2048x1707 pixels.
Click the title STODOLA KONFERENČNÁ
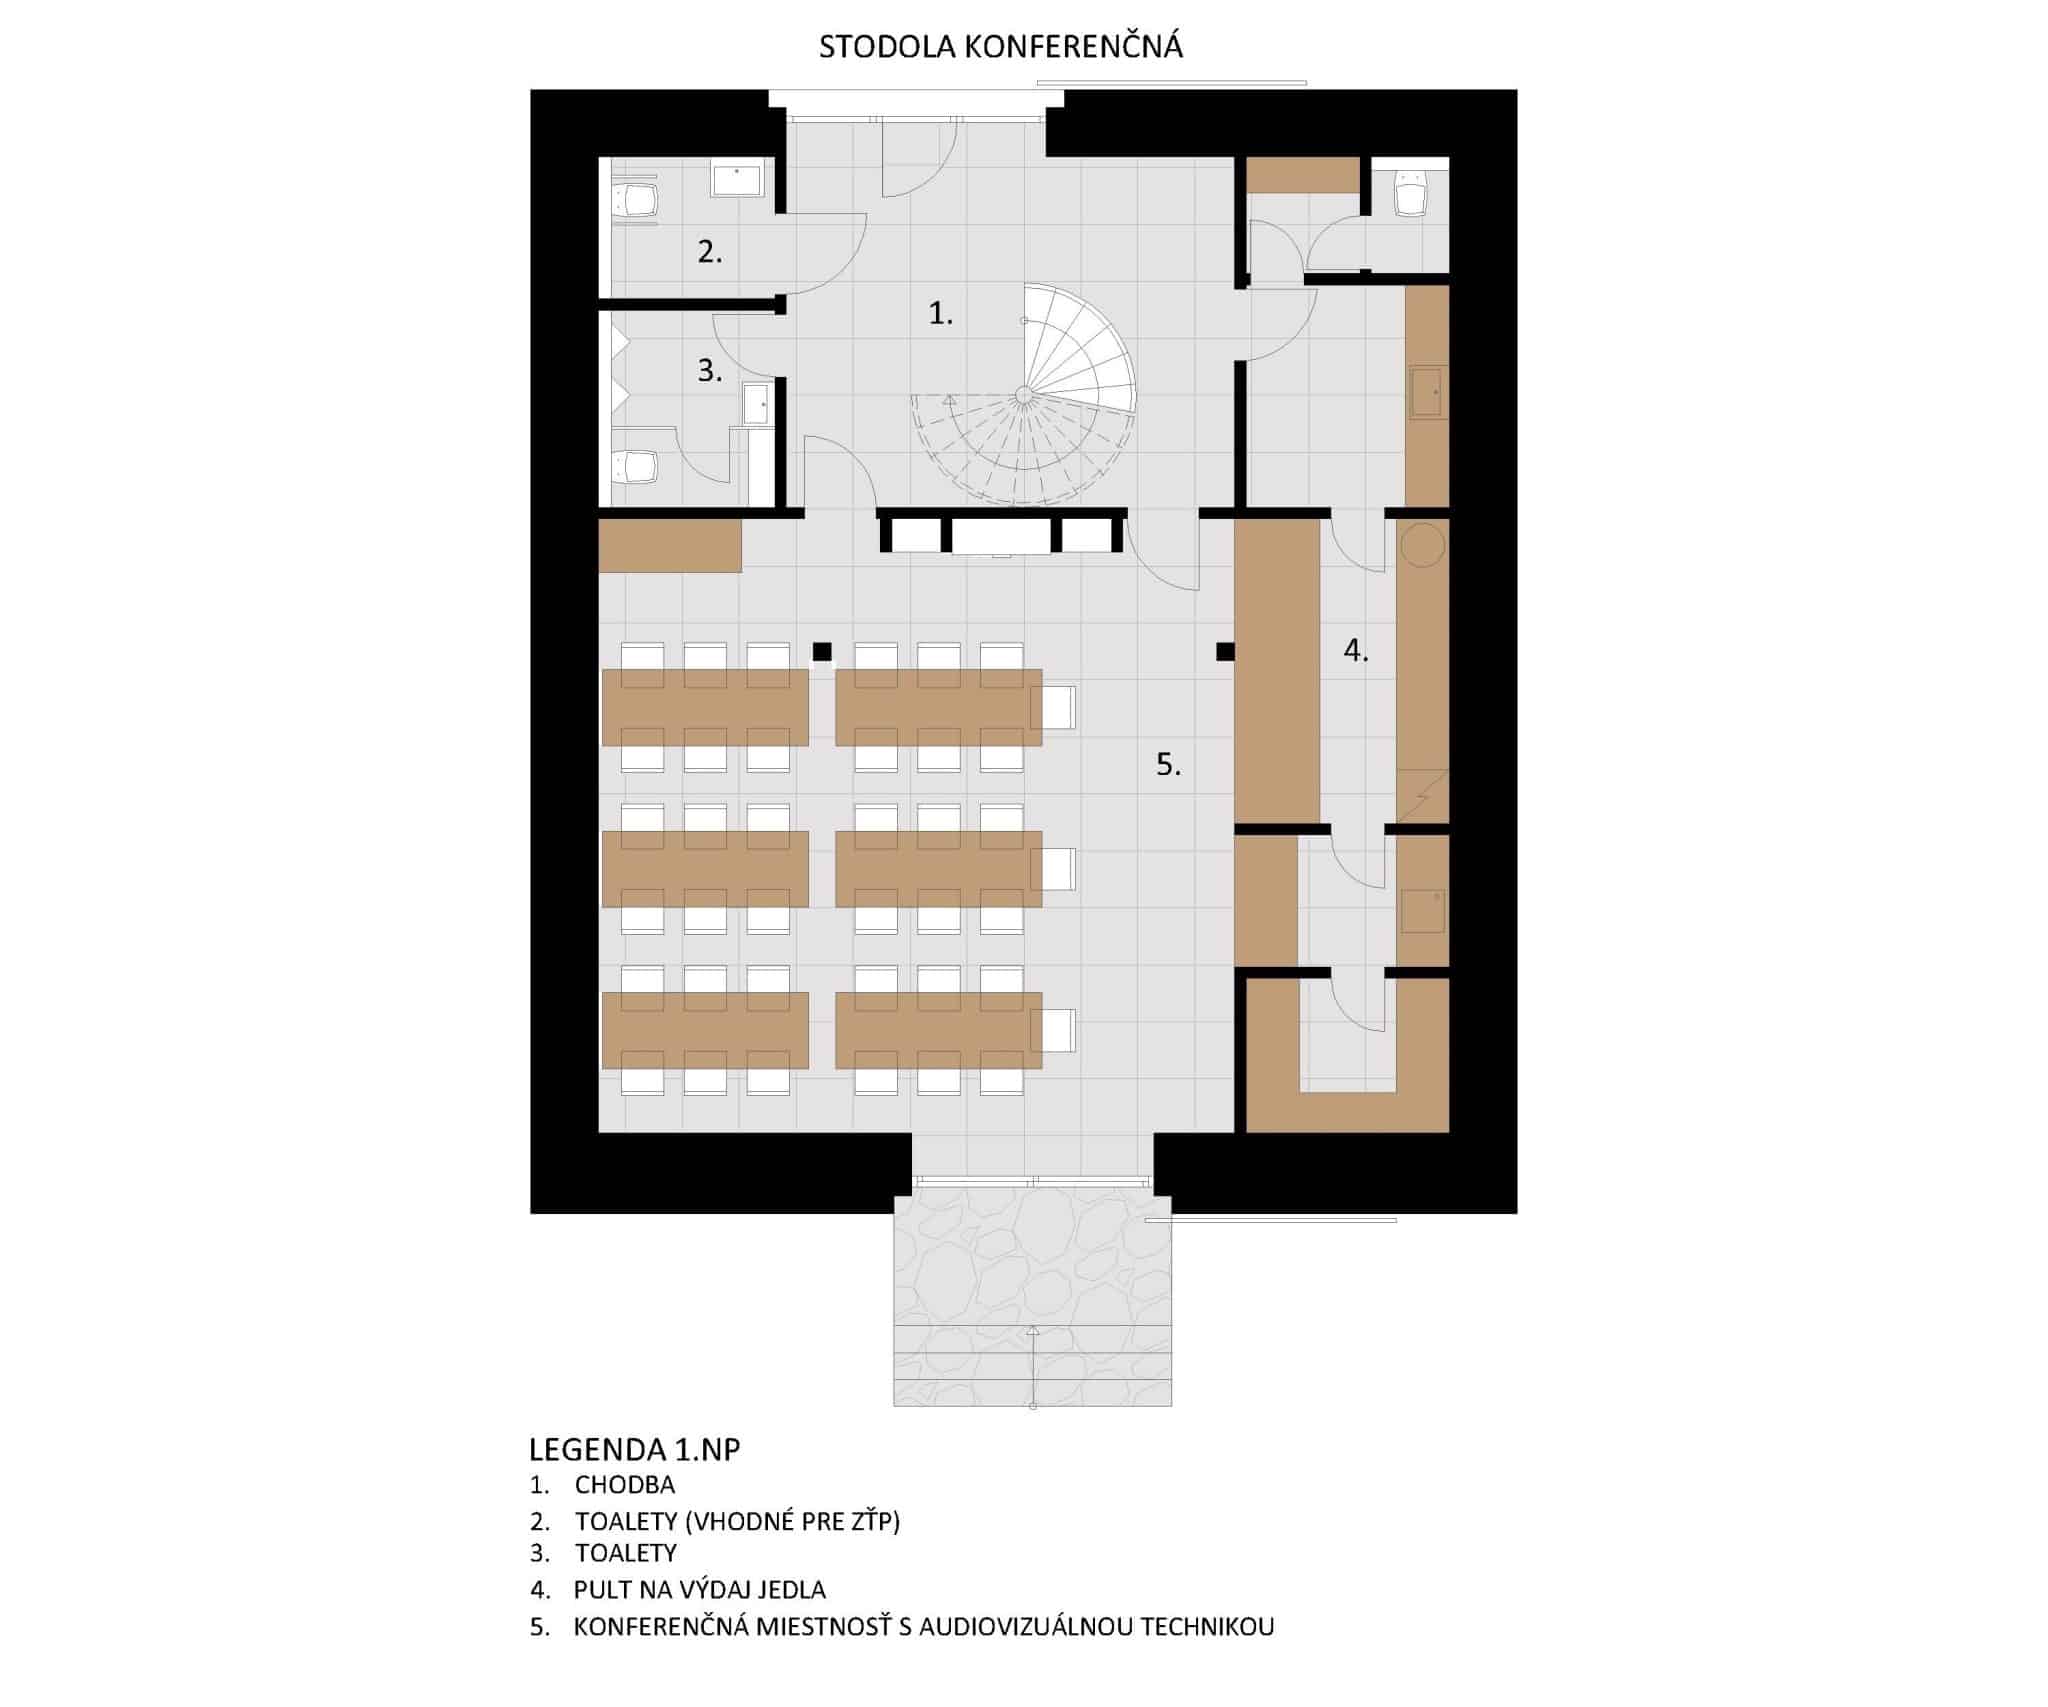click(x=1001, y=47)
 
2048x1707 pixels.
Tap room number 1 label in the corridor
click(x=941, y=314)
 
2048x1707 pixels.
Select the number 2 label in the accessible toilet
click(x=710, y=252)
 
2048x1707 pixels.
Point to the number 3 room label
click(x=710, y=371)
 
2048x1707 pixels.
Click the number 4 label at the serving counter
click(x=1356, y=651)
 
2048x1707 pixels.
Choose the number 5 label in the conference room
click(x=1169, y=765)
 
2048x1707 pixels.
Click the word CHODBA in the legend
click(x=625, y=1485)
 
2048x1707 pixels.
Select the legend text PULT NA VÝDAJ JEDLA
click(x=700, y=1589)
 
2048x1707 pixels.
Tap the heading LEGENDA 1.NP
click(x=635, y=1449)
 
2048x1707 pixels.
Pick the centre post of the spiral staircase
click(x=1024, y=395)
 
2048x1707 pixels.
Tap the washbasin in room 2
click(x=736, y=181)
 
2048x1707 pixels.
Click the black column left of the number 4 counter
click(x=1225, y=652)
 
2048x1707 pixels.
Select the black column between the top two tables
click(x=822, y=652)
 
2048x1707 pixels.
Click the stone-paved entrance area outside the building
click(x=1032, y=1296)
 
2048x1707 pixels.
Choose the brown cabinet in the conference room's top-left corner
click(x=670, y=545)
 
